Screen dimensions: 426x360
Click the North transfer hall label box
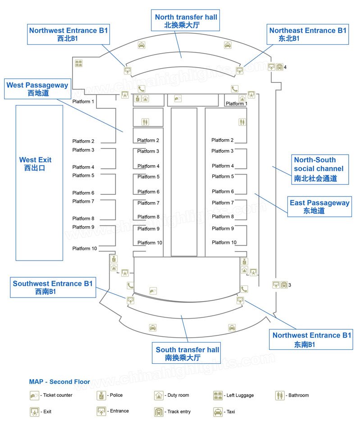coord(186,21)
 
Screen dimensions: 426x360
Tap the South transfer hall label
coord(187,354)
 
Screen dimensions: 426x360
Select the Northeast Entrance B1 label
coord(308,34)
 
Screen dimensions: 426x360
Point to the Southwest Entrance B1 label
coord(53,288)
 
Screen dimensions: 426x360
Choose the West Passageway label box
coord(37,89)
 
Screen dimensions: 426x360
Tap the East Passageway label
coord(319,206)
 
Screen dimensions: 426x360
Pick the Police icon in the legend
coord(101,395)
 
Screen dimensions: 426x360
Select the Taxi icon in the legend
coord(218,412)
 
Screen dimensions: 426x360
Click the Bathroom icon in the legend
coord(280,395)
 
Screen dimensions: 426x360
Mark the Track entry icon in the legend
coord(159,412)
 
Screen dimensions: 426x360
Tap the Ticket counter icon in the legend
coord(34,395)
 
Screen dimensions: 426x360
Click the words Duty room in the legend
coord(178,395)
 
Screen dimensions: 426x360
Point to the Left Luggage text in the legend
coord(240,395)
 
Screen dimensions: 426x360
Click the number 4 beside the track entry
coord(285,67)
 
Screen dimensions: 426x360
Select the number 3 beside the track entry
coord(290,285)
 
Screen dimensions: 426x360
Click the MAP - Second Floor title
coord(59,382)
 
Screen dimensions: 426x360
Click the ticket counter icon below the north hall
coord(178,98)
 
